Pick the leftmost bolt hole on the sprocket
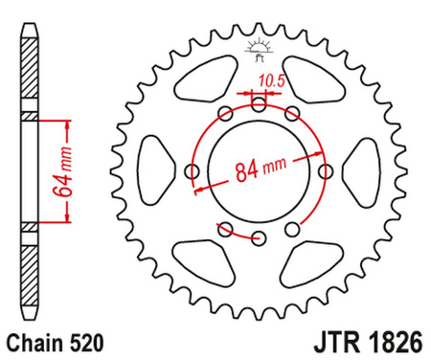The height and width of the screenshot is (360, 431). [x=191, y=171]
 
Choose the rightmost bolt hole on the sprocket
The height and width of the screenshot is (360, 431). [x=326, y=171]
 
